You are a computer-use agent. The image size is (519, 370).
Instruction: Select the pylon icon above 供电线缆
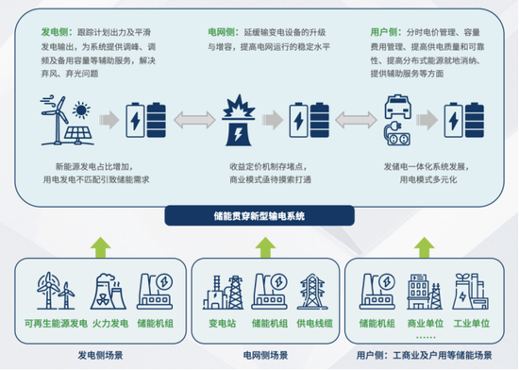(310, 289)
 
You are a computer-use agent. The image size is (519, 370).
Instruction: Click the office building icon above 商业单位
(420, 289)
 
